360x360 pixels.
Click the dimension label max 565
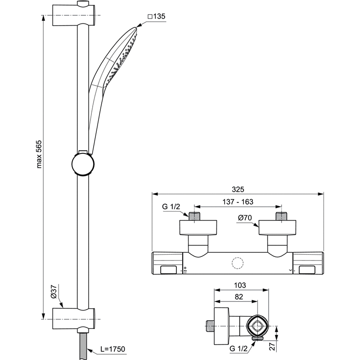point(39,154)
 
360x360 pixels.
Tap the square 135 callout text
point(156,16)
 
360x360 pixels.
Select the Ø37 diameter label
point(54,292)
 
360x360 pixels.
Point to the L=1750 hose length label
point(113,349)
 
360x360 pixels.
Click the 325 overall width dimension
point(238,189)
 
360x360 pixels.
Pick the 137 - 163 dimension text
point(238,202)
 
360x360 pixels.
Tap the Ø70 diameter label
point(245,217)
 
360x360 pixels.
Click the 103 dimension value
point(240,285)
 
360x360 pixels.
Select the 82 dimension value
point(239,297)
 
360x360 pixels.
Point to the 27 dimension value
point(272,346)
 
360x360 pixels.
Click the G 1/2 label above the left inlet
point(171,207)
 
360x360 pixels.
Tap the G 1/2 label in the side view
point(238,348)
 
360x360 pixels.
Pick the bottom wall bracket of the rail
point(74,319)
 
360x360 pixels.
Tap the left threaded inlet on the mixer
point(194,216)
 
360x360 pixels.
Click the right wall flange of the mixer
point(277,228)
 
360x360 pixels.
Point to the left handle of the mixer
point(167,263)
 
